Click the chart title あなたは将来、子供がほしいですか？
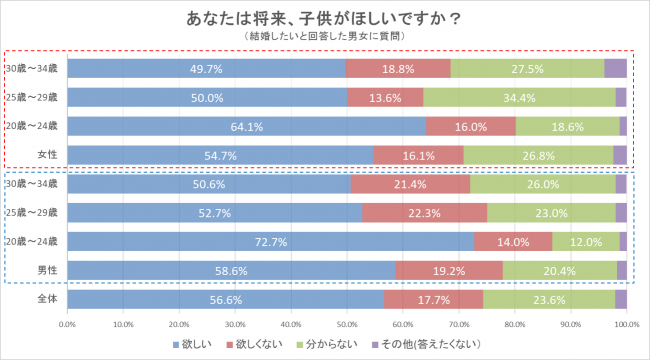[x=324, y=18]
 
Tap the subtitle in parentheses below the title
[x=324, y=36]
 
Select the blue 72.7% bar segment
[x=271, y=241]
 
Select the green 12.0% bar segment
[x=585, y=241]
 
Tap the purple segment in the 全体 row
[x=620, y=299]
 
